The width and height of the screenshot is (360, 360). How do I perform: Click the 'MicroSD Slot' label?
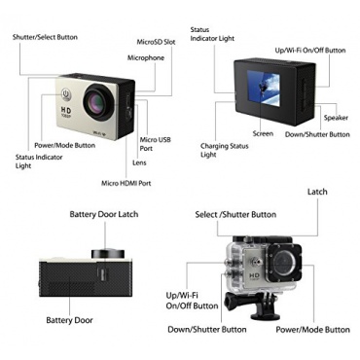click(x=156, y=42)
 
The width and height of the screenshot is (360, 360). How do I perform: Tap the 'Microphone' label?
click(x=146, y=58)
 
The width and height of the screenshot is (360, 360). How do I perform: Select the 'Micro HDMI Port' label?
click(x=126, y=183)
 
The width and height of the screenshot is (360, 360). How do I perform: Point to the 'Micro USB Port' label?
click(x=155, y=144)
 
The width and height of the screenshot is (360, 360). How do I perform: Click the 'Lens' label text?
click(x=139, y=162)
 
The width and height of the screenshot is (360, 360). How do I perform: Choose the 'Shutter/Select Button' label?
click(x=45, y=37)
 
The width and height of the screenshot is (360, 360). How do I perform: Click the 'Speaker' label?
click(x=336, y=118)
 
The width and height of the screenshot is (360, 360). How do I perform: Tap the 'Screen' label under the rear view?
click(x=263, y=133)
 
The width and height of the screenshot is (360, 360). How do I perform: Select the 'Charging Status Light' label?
click(x=225, y=150)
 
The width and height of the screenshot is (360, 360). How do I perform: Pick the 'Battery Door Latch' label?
click(x=104, y=214)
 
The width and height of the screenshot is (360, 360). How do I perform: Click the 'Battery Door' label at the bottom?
click(x=69, y=320)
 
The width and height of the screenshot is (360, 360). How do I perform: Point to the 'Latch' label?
click(x=317, y=192)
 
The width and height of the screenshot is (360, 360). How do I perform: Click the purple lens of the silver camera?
click(x=98, y=102)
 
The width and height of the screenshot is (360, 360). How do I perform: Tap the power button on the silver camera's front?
click(x=66, y=93)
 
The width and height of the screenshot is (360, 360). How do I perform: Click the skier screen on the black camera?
click(x=264, y=88)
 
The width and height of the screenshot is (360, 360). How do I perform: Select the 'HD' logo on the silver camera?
click(x=66, y=110)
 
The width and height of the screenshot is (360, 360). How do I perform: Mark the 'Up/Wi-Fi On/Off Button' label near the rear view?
click(x=310, y=51)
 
